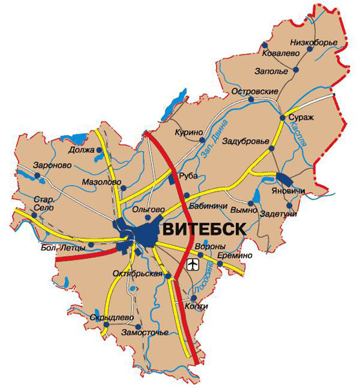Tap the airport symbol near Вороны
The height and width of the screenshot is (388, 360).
click(193, 264)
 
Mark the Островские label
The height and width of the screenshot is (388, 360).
click(254, 92)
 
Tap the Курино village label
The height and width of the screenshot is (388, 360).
click(187, 132)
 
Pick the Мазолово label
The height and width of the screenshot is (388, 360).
click(102, 182)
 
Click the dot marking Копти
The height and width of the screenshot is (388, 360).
click(193, 298)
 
